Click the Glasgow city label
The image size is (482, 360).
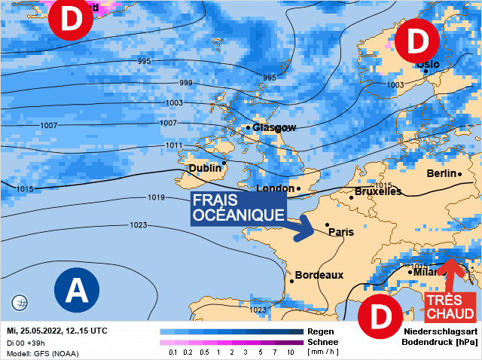(274, 127)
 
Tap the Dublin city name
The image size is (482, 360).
(205, 168)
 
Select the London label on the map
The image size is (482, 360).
(275, 188)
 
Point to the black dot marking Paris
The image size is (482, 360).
(327, 224)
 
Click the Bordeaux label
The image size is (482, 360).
(319, 275)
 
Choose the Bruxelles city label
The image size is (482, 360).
(378, 191)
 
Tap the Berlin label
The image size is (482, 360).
(441, 173)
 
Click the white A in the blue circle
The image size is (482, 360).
(78, 288)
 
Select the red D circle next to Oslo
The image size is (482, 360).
(416, 41)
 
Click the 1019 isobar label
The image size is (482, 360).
(157, 198)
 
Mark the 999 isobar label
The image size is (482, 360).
(185, 82)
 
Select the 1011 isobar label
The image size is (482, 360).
(175, 145)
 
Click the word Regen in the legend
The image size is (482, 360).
(322, 331)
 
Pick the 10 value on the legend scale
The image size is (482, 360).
(291, 352)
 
